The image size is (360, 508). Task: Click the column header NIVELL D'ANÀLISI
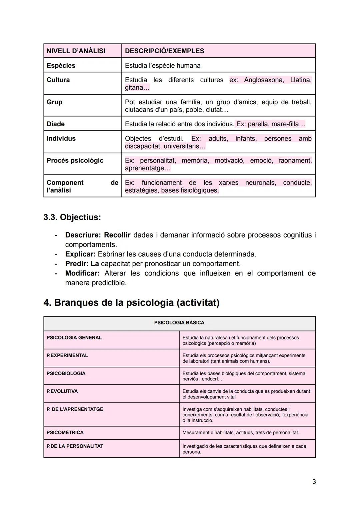pyautogui.click(x=76, y=51)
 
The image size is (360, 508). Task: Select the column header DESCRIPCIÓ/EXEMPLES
pyautogui.click(x=164, y=51)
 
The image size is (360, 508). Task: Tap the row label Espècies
pyautogui.click(x=61, y=66)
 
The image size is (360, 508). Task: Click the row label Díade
pyautogui.click(x=56, y=124)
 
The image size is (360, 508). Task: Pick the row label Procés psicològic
pyautogui.click(x=75, y=161)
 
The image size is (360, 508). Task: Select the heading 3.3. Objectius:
pyautogui.click(x=72, y=217)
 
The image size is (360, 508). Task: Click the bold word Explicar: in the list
pyautogui.click(x=80, y=254)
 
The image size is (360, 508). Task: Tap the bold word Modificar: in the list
pyautogui.click(x=82, y=273)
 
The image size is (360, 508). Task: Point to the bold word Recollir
pyautogui.click(x=117, y=235)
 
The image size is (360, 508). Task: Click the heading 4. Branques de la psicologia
pyautogui.click(x=131, y=302)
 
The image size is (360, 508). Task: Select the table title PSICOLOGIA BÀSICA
pyautogui.click(x=179, y=322)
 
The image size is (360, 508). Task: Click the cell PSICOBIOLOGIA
pyautogui.click(x=66, y=373)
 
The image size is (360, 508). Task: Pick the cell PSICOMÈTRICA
pyautogui.click(x=65, y=432)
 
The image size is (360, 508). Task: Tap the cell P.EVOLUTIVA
pyautogui.click(x=62, y=391)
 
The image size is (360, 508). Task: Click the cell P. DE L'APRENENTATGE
pyautogui.click(x=75, y=409)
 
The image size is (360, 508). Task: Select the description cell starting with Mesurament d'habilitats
pyautogui.click(x=241, y=432)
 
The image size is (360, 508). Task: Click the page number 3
pyautogui.click(x=314, y=482)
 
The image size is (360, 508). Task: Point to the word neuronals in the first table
pyautogui.click(x=260, y=183)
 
